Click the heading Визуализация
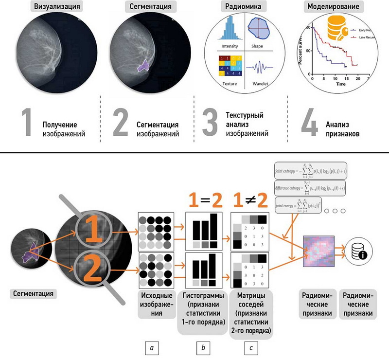pos(55,7)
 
